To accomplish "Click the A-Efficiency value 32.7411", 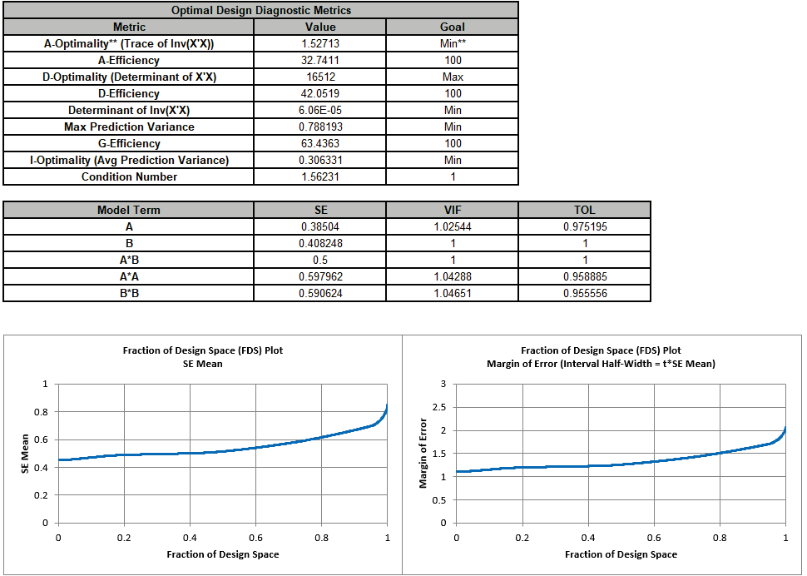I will (321, 60).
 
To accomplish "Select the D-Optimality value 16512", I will (321, 77).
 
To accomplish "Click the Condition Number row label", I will (129, 176).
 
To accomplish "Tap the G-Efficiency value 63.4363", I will (321, 143).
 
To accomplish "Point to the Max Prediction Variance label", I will (129, 127).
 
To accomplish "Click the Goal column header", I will (453, 27).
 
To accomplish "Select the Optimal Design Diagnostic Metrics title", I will (260, 10).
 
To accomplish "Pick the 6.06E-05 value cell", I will (321, 110).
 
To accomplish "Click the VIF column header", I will (453, 210).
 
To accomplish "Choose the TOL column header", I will (585, 210).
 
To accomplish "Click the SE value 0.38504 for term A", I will (321, 226).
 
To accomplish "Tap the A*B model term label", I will (129, 260).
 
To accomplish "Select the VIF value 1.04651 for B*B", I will (453, 293).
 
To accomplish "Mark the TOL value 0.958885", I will (585, 276).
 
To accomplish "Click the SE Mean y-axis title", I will (26, 453).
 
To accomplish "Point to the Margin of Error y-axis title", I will (424, 453).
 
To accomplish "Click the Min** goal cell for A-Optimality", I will (453, 43).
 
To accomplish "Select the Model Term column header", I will (129, 210).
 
